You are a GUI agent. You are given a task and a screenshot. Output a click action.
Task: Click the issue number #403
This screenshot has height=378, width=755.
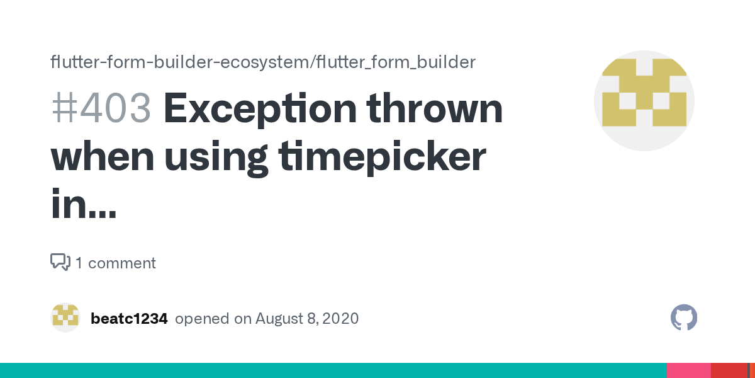pyautogui.click(x=101, y=109)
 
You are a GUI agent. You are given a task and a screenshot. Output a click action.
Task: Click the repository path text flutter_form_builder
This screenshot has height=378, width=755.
pyautogui.click(x=396, y=62)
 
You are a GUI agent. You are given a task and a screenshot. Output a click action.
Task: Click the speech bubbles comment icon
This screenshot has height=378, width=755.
pyautogui.click(x=60, y=262)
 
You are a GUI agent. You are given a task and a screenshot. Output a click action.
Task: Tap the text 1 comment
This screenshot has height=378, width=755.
pyautogui.click(x=116, y=263)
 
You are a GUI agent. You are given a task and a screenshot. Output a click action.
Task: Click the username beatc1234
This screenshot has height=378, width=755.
pyautogui.click(x=129, y=319)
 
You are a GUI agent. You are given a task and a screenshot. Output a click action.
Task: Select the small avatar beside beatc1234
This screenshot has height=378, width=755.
pyautogui.click(x=65, y=318)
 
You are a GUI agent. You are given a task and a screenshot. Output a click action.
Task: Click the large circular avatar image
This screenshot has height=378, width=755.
pyautogui.click(x=644, y=101)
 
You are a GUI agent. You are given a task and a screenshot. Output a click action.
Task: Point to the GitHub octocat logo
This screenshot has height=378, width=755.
pyautogui.click(x=684, y=318)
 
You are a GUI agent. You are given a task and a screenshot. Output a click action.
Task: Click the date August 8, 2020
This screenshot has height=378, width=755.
pyautogui.click(x=307, y=319)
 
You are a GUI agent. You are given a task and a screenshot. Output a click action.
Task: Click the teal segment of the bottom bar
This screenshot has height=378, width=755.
pyautogui.click(x=333, y=370)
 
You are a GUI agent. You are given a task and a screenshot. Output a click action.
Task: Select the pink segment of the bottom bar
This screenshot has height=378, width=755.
pyautogui.click(x=688, y=370)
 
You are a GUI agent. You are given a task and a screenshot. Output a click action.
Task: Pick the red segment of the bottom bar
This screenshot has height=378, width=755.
pyautogui.click(x=729, y=370)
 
